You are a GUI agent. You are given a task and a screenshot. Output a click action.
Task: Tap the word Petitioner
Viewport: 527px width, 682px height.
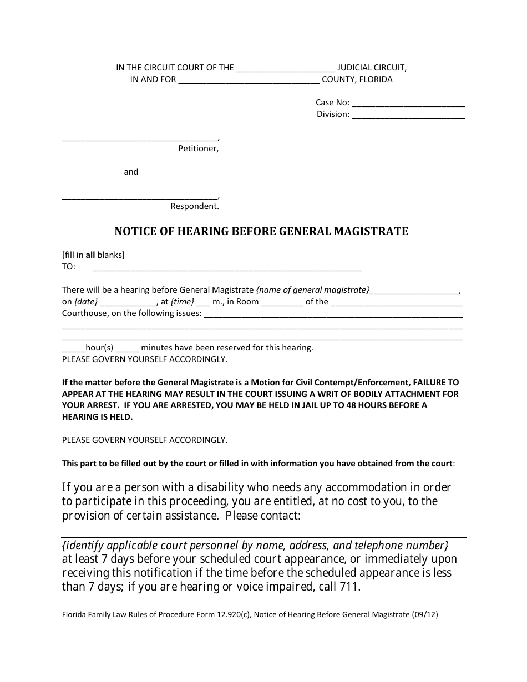[198, 149]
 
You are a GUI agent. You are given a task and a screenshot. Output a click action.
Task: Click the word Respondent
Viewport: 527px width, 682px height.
[195, 206]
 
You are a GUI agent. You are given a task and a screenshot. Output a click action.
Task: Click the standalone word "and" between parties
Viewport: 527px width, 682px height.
[131, 172]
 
